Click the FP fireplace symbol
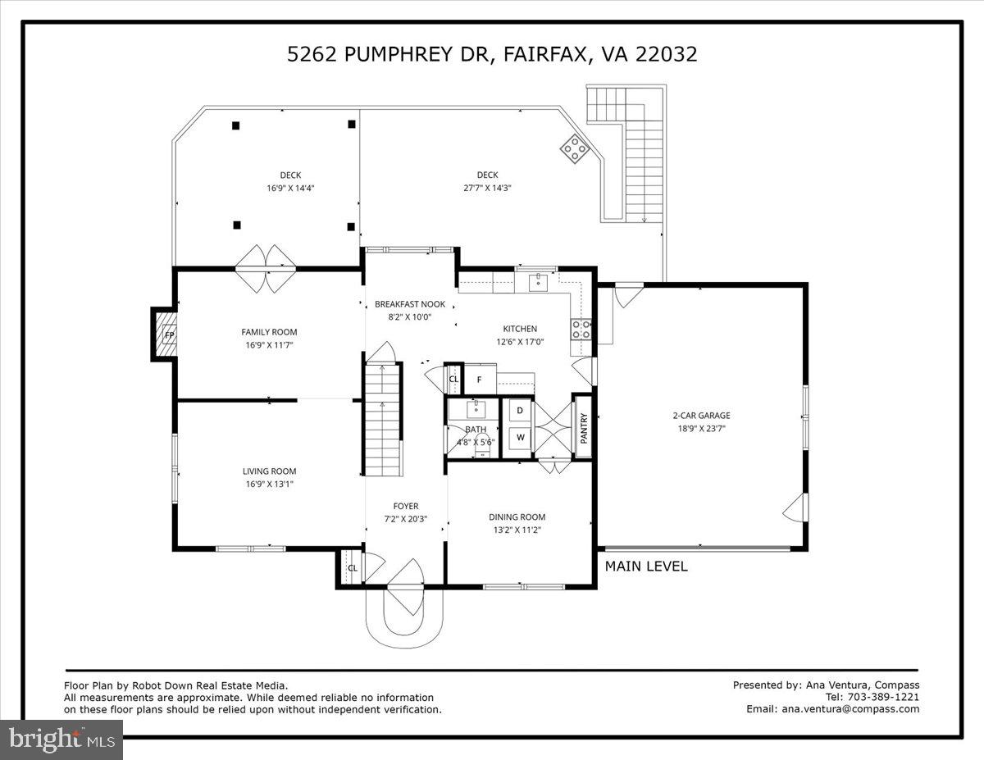click(x=168, y=334)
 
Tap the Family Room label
click(x=269, y=332)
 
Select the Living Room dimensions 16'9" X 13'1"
click(x=269, y=484)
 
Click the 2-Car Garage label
click(x=700, y=416)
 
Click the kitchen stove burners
click(x=581, y=329)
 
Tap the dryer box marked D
click(x=520, y=410)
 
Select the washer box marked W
click(x=520, y=438)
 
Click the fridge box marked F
click(x=481, y=380)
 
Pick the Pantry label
click(x=584, y=426)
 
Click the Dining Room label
click(x=517, y=517)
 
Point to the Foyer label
click(x=405, y=507)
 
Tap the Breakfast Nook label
click(x=409, y=304)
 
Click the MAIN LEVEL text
click(x=646, y=567)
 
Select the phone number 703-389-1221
click(x=884, y=697)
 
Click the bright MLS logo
click(x=61, y=740)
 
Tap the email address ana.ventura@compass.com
click(x=850, y=709)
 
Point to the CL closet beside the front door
click(x=353, y=568)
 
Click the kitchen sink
click(x=539, y=284)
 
